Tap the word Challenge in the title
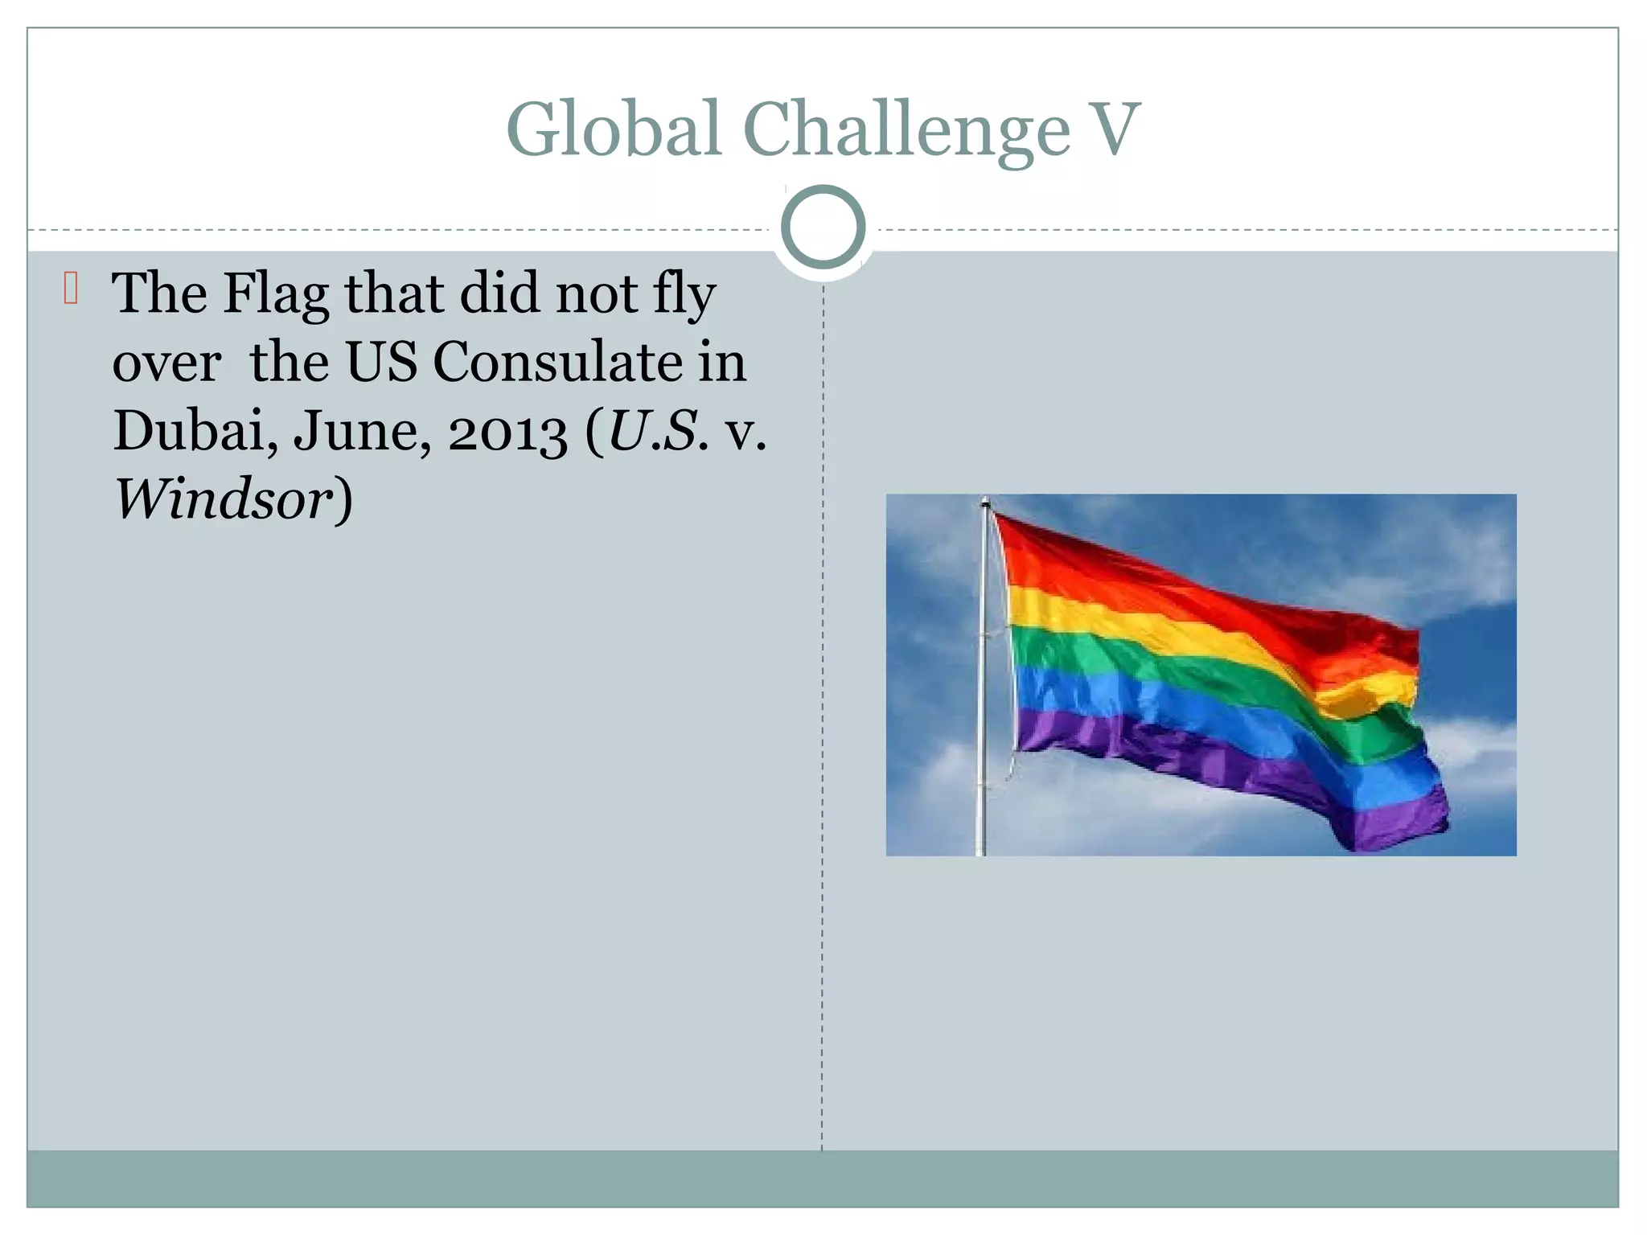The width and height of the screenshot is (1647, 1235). click(x=906, y=130)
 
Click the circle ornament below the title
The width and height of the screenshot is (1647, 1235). click(x=823, y=228)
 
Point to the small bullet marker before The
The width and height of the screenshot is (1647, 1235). click(x=71, y=289)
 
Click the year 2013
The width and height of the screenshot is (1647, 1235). click(x=507, y=433)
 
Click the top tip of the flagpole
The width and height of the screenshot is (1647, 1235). click(x=985, y=503)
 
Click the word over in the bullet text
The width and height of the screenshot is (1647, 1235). click(x=166, y=363)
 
